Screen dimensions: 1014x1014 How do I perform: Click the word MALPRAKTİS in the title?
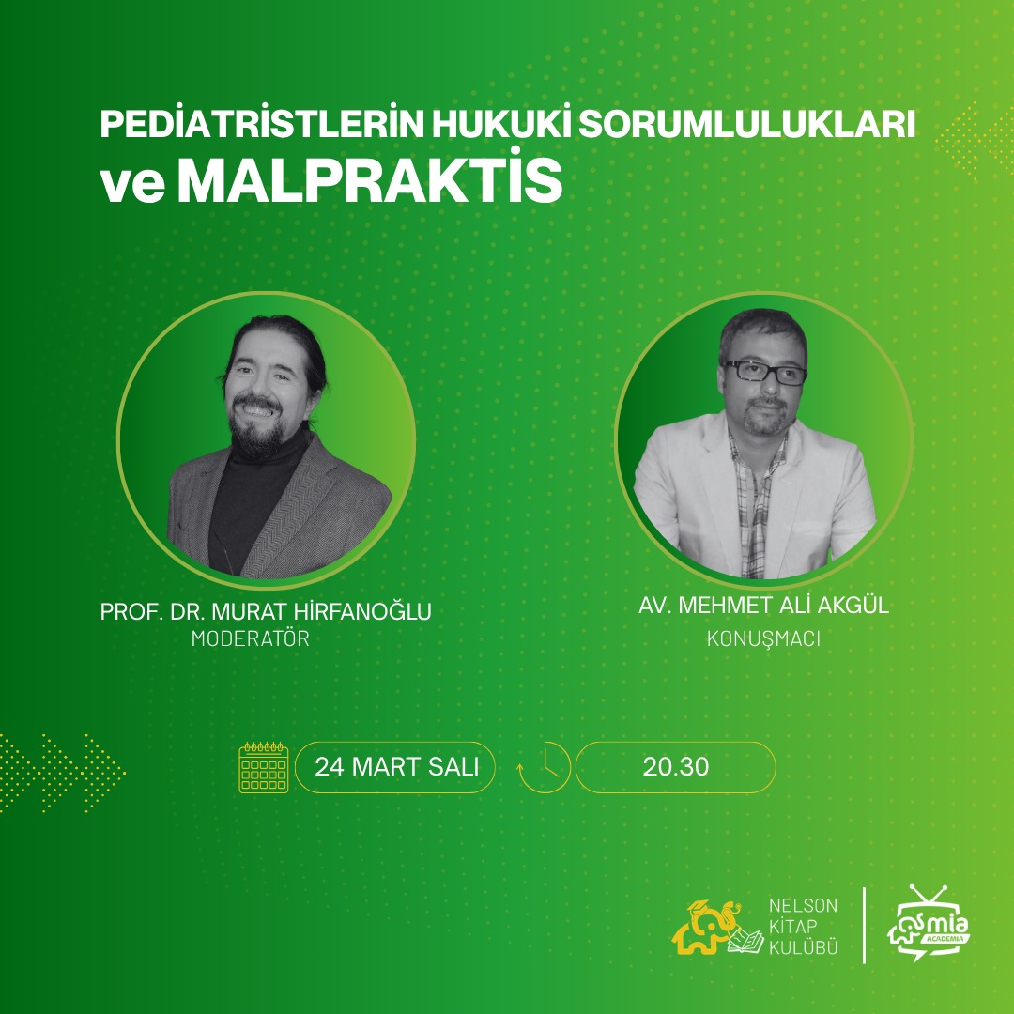pos(370,182)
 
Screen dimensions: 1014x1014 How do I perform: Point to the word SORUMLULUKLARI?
pos(747,126)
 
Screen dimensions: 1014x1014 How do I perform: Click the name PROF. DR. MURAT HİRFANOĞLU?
pos(266,611)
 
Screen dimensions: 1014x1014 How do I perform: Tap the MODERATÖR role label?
pos(251,639)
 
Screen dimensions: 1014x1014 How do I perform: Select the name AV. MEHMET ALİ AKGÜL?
pos(763,607)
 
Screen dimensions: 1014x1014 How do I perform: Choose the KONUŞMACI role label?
pos(763,639)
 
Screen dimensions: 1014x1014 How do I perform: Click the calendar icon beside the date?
pos(264,767)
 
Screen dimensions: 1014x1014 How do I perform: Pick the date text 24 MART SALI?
pos(395,767)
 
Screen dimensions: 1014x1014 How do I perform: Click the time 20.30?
pos(676,767)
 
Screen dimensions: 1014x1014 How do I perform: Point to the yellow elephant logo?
pos(706,929)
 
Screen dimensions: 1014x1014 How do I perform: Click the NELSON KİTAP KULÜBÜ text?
pos(803,929)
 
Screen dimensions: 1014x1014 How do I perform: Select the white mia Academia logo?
pos(929,924)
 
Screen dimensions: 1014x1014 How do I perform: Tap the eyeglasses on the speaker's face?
pos(764,371)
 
